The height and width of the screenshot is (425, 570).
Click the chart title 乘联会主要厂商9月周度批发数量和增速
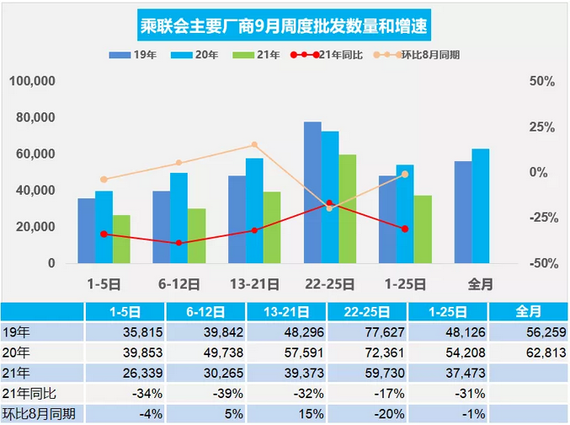(x=284, y=25)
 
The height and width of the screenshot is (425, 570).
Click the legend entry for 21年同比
(x=331, y=55)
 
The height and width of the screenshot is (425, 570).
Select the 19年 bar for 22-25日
(x=312, y=192)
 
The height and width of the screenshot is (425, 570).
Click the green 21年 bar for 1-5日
(x=122, y=239)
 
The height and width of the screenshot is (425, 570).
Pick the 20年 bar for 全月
(x=480, y=206)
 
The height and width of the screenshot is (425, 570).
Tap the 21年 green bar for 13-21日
(x=272, y=227)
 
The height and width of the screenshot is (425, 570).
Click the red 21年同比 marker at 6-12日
(x=178, y=243)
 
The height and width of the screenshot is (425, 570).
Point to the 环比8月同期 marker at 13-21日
(x=254, y=145)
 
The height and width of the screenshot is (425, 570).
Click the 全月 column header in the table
(x=528, y=311)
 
